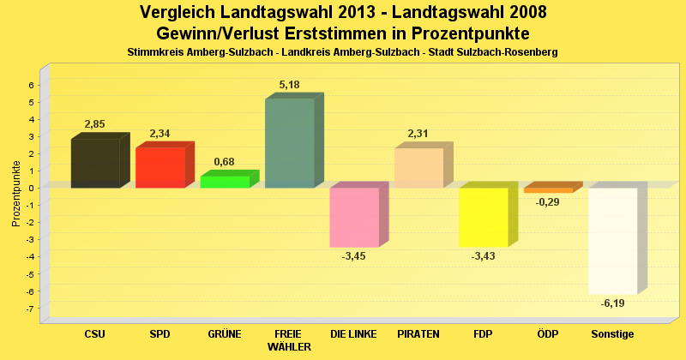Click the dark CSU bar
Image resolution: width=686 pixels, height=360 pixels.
pyautogui.click(x=95, y=163)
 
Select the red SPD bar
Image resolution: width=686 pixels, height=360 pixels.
pyautogui.click(x=160, y=167)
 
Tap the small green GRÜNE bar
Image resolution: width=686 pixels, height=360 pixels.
pyautogui.click(x=225, y=182)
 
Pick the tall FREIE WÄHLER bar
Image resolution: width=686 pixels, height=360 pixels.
pyautogui.click(x=290, y=143)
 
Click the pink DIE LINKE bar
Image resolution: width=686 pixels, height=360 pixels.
pyautogui.click(x=354, y=217)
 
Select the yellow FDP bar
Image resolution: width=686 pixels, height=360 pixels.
pyautogui.click(x=484, y=217)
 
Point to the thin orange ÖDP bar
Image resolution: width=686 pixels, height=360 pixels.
pyautogui.click(x=548, y=190)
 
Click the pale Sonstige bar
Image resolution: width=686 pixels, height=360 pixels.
pyautogui.click(x=612, y=240)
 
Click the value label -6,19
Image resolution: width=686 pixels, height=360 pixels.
pyautogui.click(x=613, y=303)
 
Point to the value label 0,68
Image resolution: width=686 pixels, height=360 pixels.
pyautogui.click(x=224, y=162)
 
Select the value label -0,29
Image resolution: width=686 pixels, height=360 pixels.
pyautogui.click(x=548, y=202)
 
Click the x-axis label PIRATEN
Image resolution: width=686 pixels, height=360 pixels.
pyautogui.click(x=418, y=333)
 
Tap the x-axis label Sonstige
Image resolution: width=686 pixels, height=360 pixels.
pyautogui.click(x=612, y=333)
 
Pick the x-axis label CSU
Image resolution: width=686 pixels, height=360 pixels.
pyautogui.click(x=95, y=333)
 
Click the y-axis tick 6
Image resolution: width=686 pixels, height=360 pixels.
pyautogui.click(x=31, y=85)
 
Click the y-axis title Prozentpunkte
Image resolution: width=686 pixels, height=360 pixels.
pyautogui.click(x=16, y=193)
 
